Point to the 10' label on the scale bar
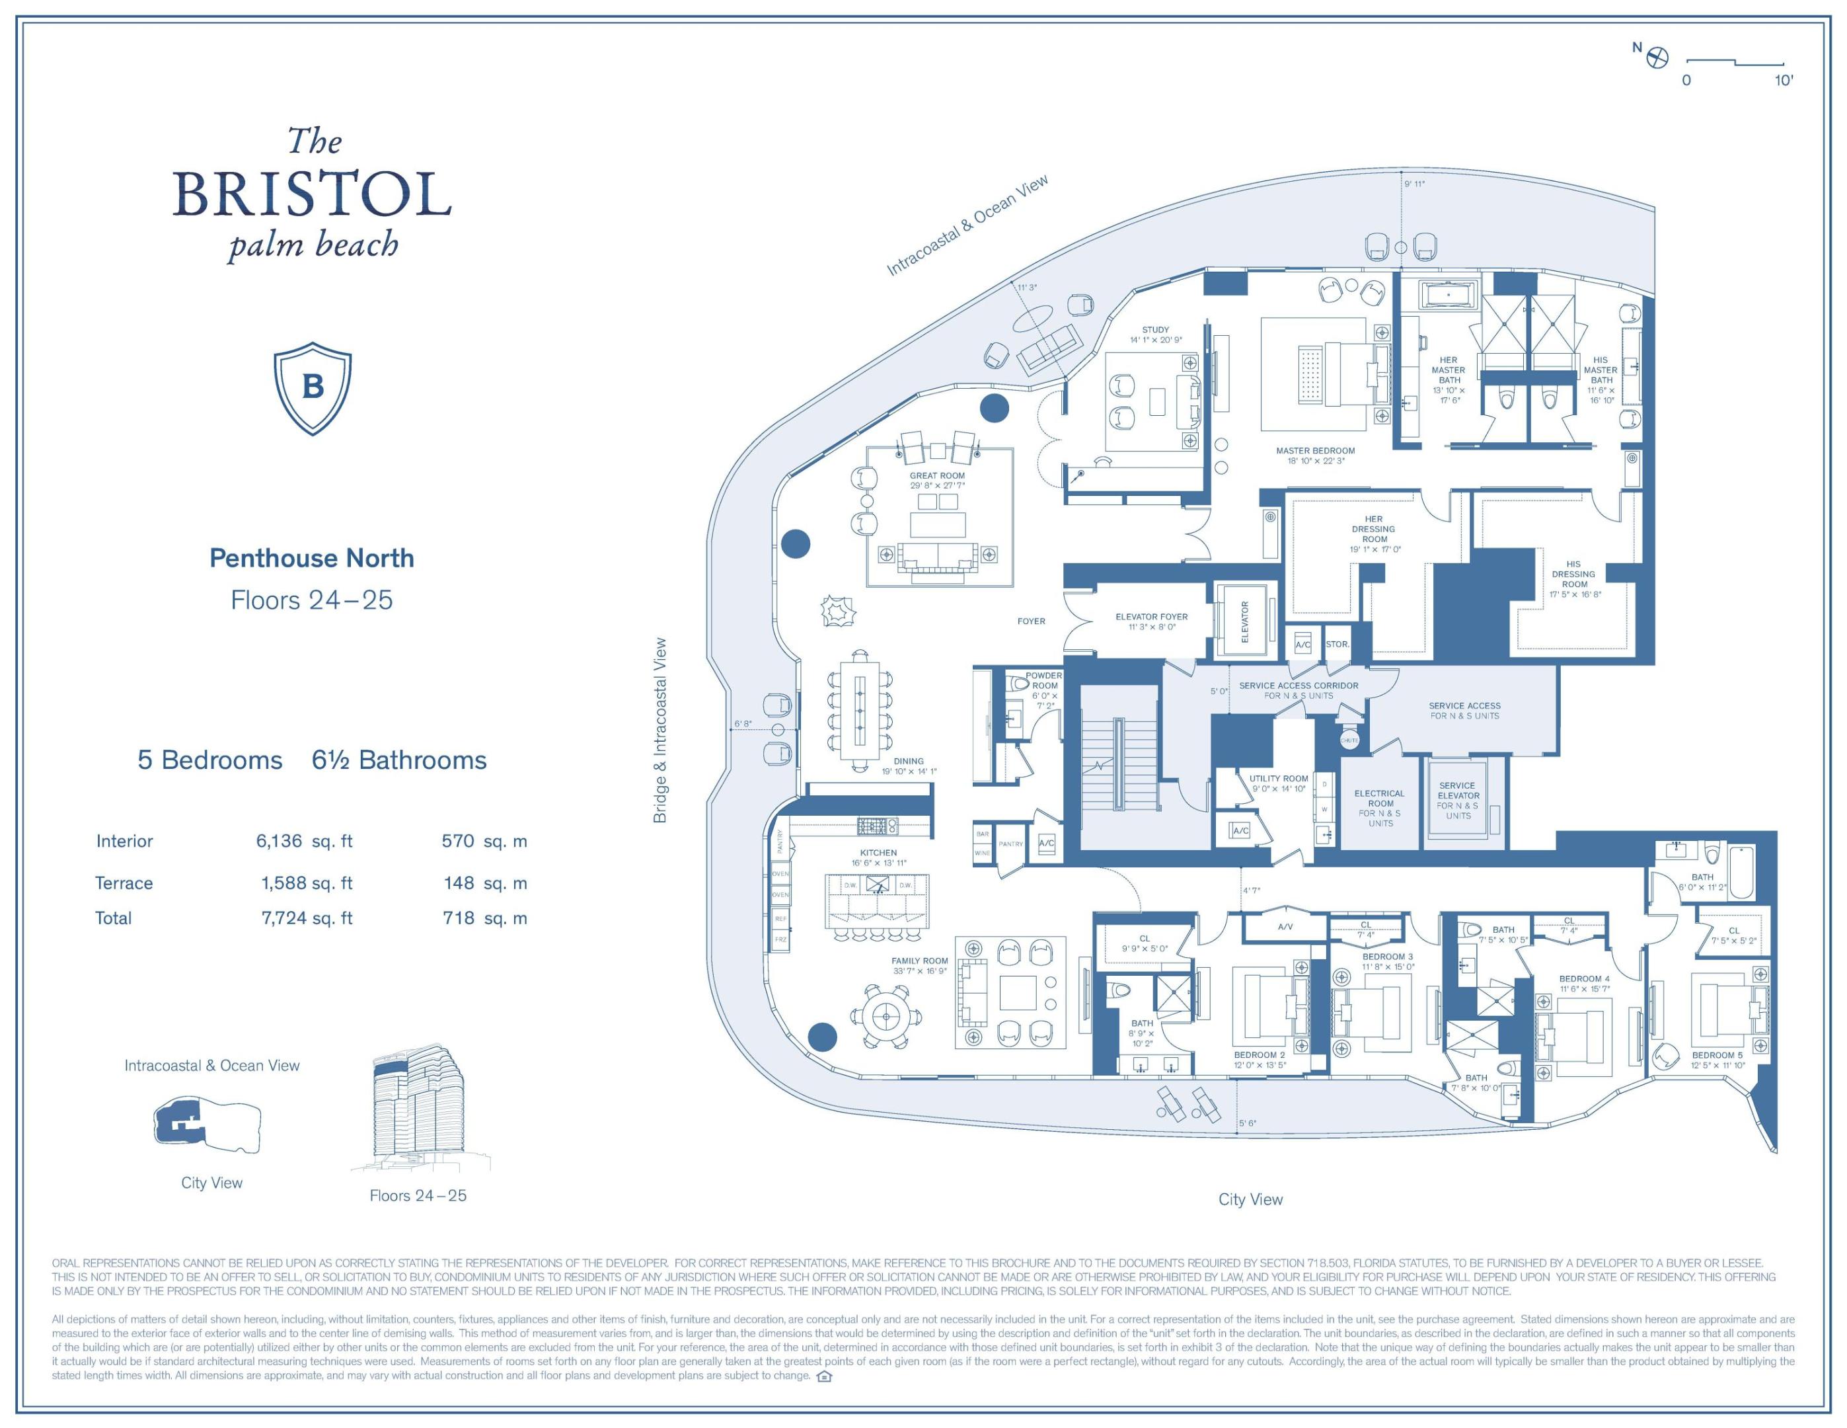(1783, 81)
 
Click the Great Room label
(937, 476)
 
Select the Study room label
(1155, 330)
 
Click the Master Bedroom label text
(1315, 451)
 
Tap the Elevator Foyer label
(1151, 617)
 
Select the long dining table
(860, 711)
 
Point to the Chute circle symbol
(1349, 740)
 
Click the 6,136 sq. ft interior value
(303, 841)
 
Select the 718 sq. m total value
(484, 918)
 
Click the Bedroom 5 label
(1717, 1055)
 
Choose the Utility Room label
(1278, 778)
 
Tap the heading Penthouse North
(311, 559)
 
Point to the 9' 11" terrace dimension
(1414, 184)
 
